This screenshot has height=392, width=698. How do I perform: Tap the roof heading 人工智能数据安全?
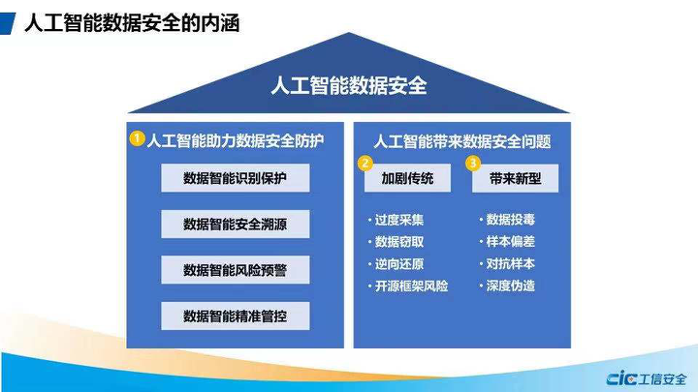coord(349,85)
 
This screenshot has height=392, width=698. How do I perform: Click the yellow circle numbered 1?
coord(138,139)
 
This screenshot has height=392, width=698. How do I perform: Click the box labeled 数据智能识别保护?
coord(235,179)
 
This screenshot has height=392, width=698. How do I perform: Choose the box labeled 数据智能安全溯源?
coord(235,225)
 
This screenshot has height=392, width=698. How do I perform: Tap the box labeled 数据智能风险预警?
coord(235,270)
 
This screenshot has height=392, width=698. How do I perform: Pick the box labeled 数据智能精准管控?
coord(235,316)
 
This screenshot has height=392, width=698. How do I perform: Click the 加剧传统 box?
coord(407,179)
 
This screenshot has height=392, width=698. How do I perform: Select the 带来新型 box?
coord(516,179)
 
